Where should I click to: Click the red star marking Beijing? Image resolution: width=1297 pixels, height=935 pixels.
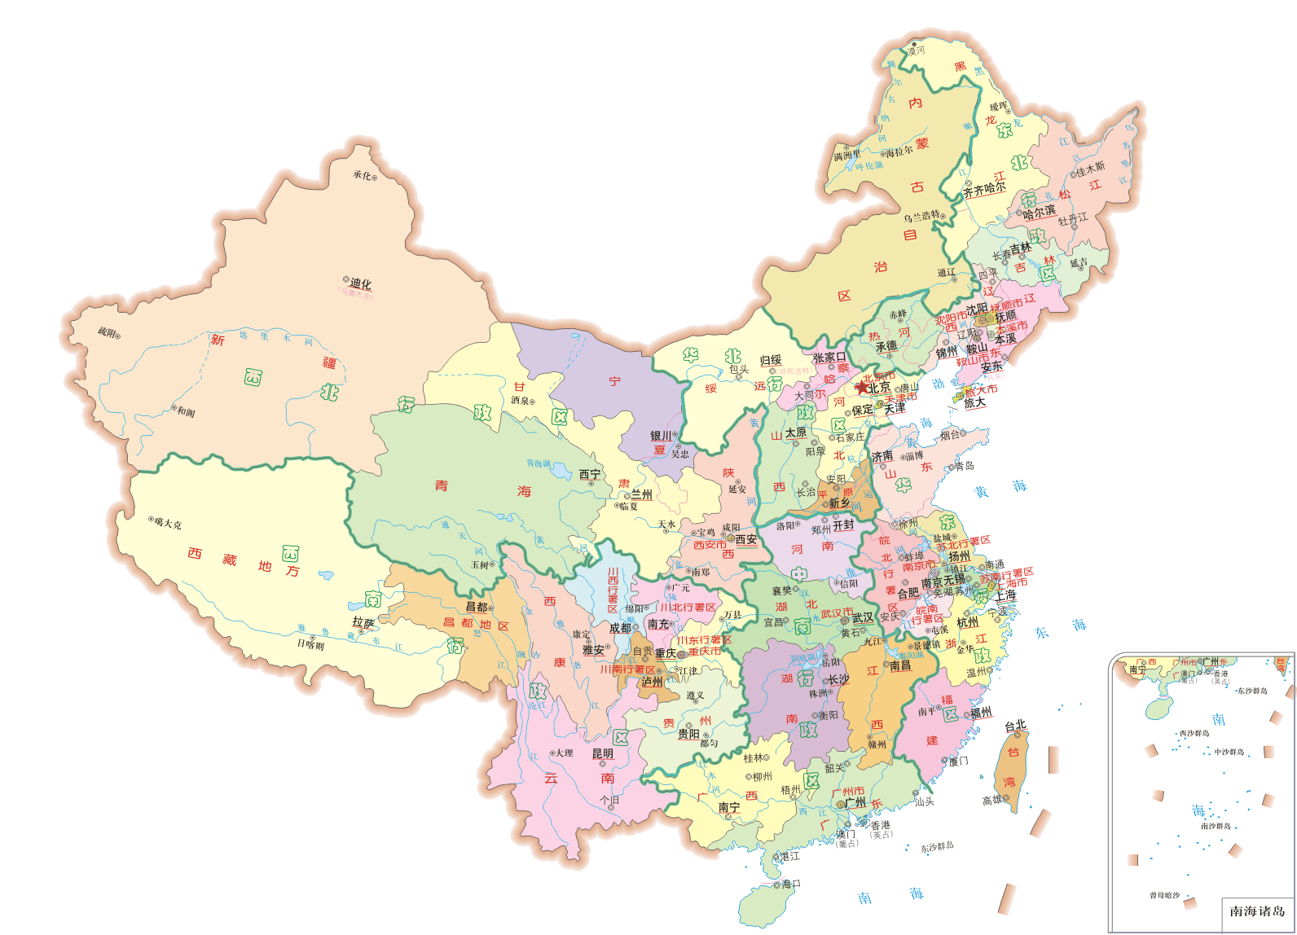click(862, 388)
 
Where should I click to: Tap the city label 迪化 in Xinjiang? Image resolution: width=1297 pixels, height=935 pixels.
click(360, 283)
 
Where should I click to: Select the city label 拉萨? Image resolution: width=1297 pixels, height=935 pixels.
click(363, 622)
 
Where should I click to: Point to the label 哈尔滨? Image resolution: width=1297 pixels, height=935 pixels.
click(1039, 213)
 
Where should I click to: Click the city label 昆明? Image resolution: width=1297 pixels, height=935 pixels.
click(603, 753)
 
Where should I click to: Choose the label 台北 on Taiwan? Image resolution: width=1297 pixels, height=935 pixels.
click(1015, 725)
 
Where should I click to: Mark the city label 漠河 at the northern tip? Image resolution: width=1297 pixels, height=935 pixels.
click(917, 50)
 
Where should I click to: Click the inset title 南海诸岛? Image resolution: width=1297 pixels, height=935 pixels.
click(1256, 911)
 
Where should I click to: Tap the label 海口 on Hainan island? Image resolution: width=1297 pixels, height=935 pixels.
click(791, 884)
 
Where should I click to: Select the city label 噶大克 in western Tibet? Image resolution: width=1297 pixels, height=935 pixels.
click(169, 523)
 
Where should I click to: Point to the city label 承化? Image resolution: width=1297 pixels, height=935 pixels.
click(362, 175)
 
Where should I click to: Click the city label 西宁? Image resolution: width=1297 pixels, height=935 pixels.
click(590, 474)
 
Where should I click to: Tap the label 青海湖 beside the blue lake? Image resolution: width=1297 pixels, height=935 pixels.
click(539, 463)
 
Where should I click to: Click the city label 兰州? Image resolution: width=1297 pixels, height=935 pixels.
click(642, 494)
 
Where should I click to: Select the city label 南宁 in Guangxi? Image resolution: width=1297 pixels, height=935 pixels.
click(729, 807)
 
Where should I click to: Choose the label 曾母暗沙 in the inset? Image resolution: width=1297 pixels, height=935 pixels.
click(1164, 895)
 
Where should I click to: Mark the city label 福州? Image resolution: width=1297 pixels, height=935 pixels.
click(981, 712)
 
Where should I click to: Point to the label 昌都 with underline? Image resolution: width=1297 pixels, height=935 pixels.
click(477, 606)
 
